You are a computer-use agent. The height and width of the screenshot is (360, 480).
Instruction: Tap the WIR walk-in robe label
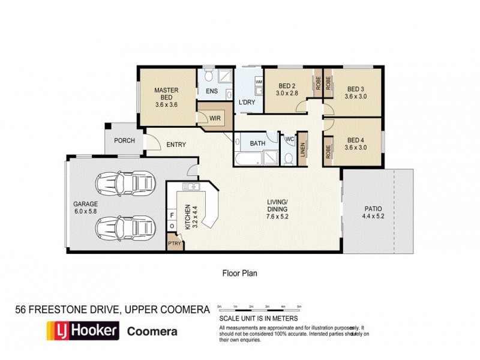click(x=214, y=118)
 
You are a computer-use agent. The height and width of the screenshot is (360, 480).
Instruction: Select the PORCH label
click(x=124, y=141)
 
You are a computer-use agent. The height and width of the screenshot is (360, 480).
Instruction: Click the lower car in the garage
click(x=125, y=227)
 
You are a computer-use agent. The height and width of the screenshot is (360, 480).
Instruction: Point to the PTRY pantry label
click(x=175, y=244)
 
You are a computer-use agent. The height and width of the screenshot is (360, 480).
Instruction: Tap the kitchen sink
click(x=190, y=187)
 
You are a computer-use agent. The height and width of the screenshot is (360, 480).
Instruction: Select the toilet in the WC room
click(x=288, y=157)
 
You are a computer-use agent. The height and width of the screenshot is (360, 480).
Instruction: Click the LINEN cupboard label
click(x=304, y=151)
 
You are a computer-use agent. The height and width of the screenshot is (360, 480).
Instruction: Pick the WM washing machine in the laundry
click(x=259, y=82)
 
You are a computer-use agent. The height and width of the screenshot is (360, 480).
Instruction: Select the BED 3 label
click(x=356, y=88)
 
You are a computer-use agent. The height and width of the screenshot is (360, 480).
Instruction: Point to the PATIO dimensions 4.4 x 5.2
click(x=377, y=216)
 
